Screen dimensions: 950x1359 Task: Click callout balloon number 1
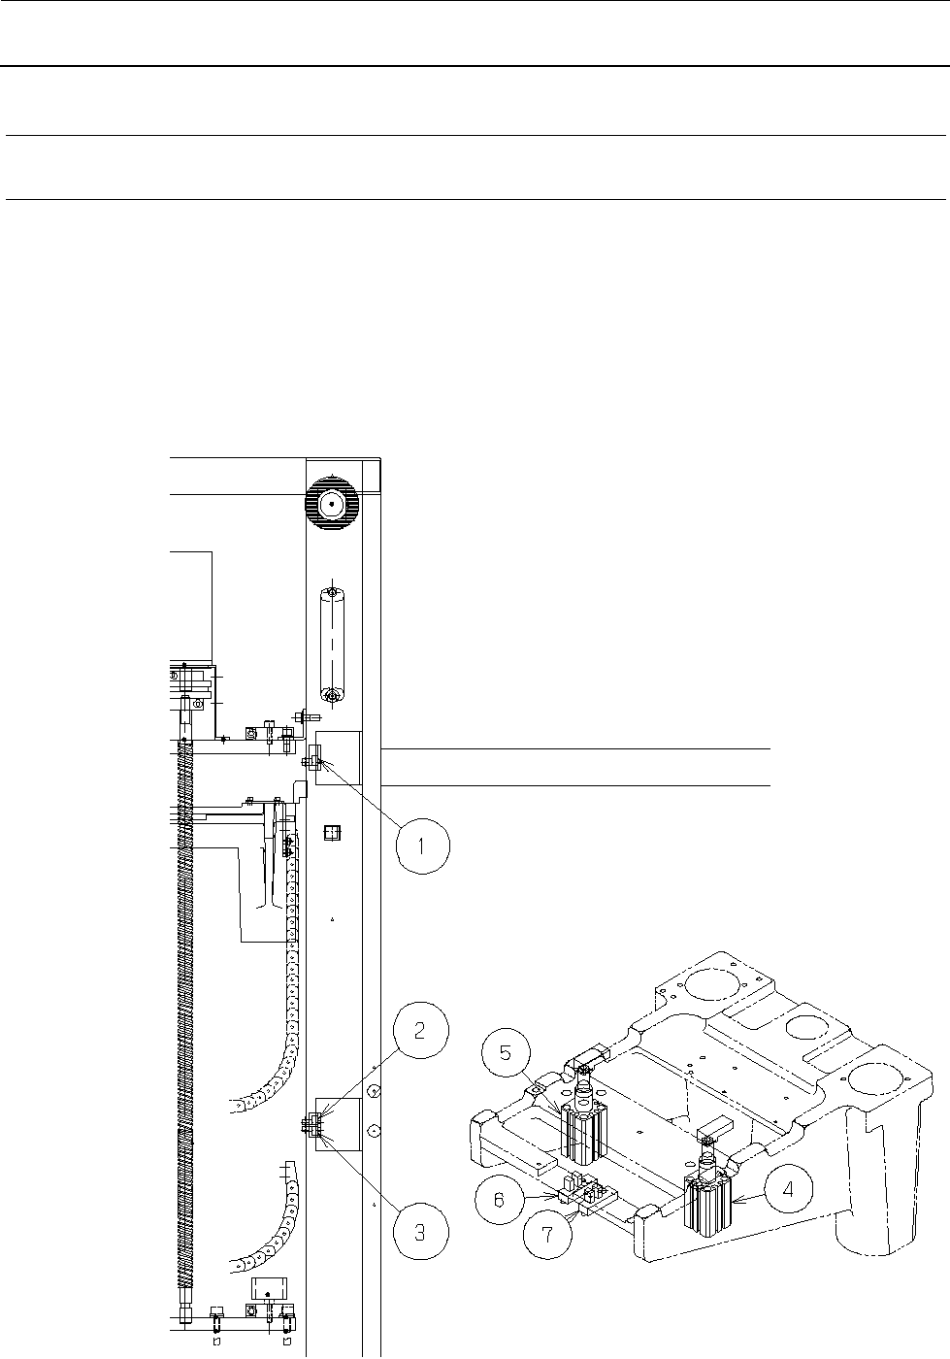pyautogui.click(x=423, y=846)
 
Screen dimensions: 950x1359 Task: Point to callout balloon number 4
pyautogui.click(x=787, y=1190)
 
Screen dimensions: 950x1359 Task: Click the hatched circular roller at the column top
pyautogui.click(x=331, y=504)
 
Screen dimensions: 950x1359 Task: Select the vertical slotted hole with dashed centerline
pyautogui.click(x=331, y=644)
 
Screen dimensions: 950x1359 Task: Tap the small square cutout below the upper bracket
pyautogui.click(x=332, y=833)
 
